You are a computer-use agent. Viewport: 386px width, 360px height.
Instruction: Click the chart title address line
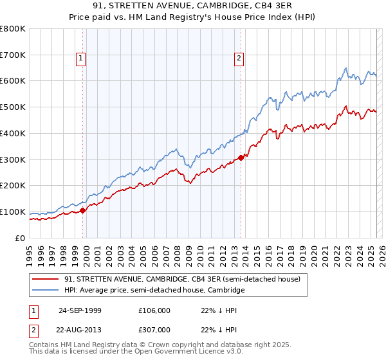(x=193, y=6)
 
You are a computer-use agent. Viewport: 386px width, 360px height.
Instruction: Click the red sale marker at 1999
(x=83, y=210)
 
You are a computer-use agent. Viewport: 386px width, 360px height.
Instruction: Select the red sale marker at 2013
(x=241, y=157)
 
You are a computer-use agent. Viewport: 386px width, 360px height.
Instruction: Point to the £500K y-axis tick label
(x=13, y=107)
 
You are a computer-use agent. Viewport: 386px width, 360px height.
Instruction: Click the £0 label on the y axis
(x=20, y=238)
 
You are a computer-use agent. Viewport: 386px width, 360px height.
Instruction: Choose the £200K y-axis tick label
(x=13, y=186)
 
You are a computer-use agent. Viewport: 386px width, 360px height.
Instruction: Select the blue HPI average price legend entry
(x=154, y=291)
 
